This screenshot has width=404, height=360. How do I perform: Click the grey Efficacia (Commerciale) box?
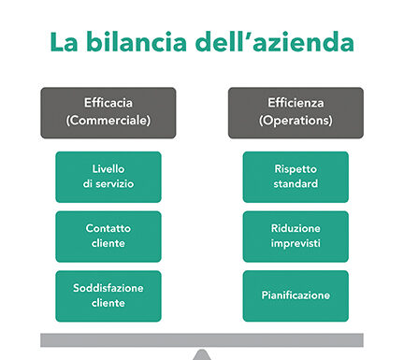pos(108,112)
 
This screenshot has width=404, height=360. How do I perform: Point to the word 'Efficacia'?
pos(108,105)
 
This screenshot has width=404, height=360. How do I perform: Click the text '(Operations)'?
pos(296,122)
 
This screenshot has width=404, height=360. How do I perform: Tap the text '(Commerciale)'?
pos(108,122)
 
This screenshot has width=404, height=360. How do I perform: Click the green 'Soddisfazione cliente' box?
pos(108,295)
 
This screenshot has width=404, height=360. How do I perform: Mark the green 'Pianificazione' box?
pos(296,295)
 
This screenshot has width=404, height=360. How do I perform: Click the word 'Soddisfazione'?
pos(108,288)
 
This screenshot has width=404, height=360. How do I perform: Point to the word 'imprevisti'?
pos(296,244)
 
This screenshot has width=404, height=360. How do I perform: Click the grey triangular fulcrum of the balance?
pos(202,353)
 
